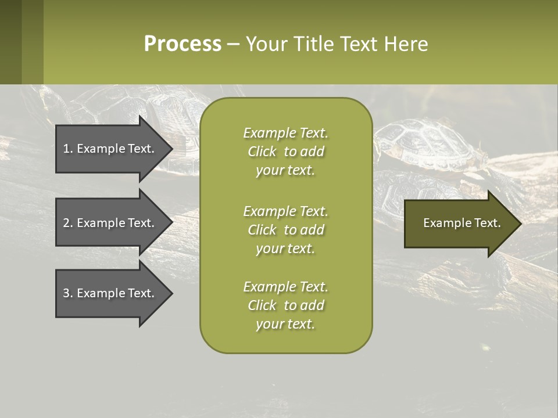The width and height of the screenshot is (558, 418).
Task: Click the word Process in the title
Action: coord(183,44)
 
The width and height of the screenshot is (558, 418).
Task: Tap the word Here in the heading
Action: coord(406,44)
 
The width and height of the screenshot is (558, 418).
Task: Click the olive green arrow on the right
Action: coord(459,223)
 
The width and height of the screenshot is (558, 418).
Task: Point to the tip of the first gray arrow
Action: coord(171,149)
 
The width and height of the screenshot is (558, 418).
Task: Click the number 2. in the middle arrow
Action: coord(68,223)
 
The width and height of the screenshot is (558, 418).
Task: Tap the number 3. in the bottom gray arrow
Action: coord(68,293)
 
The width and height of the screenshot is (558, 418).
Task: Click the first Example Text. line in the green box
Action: coord(285,133)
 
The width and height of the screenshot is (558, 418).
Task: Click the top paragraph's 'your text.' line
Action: coord(285,170)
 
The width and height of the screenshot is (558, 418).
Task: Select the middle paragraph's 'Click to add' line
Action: coord(285,230)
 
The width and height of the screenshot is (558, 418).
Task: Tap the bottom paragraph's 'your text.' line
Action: coord(285,324)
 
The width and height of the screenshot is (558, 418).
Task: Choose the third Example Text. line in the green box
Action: coord(285,287)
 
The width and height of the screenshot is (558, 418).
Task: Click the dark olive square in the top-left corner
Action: coord(10,42)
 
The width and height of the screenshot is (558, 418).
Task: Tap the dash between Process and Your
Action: coord(234,44)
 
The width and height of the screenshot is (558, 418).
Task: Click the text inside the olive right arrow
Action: coord(462,223)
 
